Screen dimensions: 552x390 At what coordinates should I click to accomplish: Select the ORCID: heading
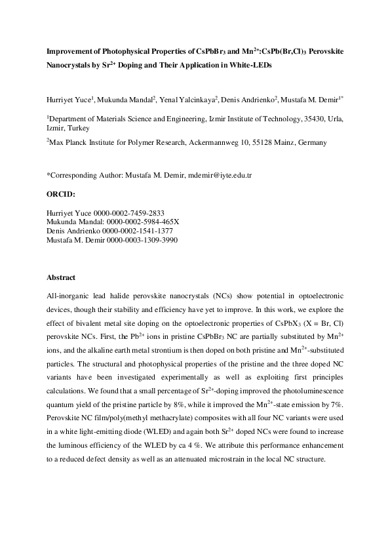pos(61,194)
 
